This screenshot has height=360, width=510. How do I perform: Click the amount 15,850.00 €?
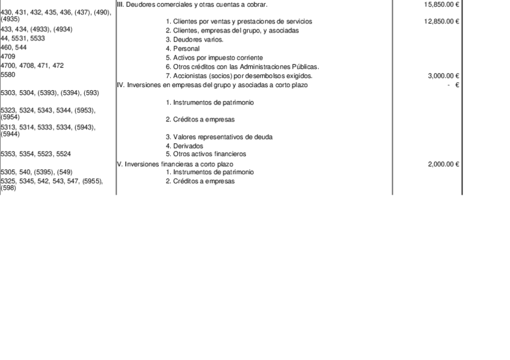pyautogui.click(x=441, y=4)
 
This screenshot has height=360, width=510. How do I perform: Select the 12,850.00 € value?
pyautogui.click(x=441, y=22)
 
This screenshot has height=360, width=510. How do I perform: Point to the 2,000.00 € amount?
pyautogui.click(x=443, y=164)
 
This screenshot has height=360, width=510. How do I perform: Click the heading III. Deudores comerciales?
pyautogui.click(x=192, y=4)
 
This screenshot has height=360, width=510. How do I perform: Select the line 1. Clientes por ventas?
pyautogui.click(x=239, y=22)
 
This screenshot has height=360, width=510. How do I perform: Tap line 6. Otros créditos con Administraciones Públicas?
pyautogui.click(x=242, y=67)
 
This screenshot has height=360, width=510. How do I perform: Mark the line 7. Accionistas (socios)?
pyautogui.click(x=239, y=76)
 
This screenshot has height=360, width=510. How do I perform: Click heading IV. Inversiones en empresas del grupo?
pyautogui.click(x=212, y=85)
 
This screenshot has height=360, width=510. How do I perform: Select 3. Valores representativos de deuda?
pyautogui.click(x=219, y=137)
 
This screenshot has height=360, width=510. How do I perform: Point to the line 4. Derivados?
pyautogui.click(x=184, y=146)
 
